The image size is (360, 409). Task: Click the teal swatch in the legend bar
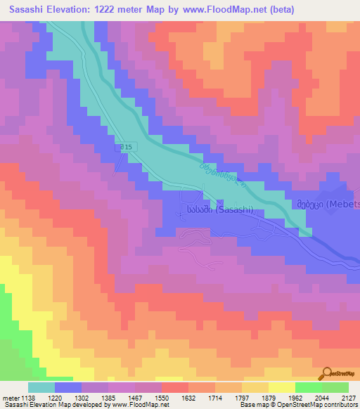click(x=41, y=387)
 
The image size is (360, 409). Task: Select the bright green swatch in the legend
click(x=308, y=387)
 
